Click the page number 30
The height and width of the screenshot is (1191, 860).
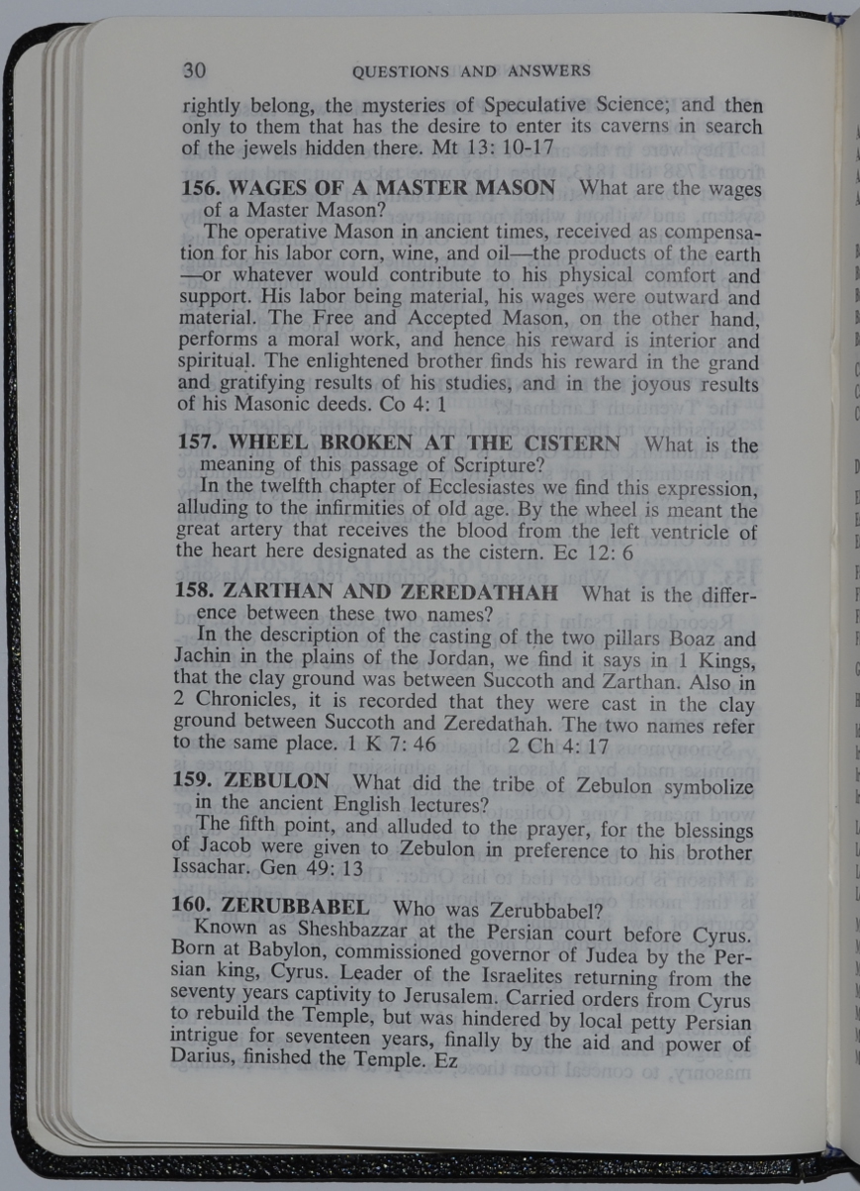tap(194, 70)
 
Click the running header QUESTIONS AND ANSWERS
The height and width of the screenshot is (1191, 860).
tap(471, 70)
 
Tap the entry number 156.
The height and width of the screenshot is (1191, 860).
tap(200, 188)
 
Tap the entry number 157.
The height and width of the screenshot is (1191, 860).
tap(200, 445)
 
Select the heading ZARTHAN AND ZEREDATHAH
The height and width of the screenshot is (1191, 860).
tap(392, 594)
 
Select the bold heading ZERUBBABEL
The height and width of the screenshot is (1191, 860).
tap(298, 907)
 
